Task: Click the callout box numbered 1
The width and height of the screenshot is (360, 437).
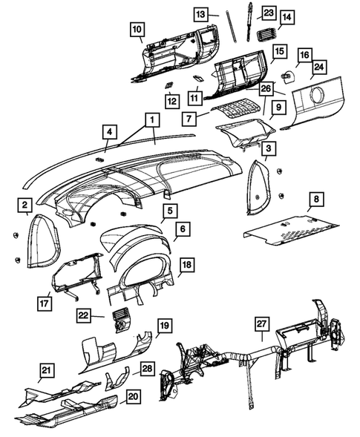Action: (x=151, y=119)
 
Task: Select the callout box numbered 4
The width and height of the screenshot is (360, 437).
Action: (x=109, y=133)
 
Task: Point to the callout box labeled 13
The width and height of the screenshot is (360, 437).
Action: (x=202, y=14)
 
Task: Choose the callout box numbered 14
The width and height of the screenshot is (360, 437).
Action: (x=287, y=16)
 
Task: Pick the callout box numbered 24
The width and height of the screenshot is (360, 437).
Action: (x=318, y=67)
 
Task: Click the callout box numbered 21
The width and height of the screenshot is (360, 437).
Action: (x=47, y=370)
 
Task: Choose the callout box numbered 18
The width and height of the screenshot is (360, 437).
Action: (x=187, y=264)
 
